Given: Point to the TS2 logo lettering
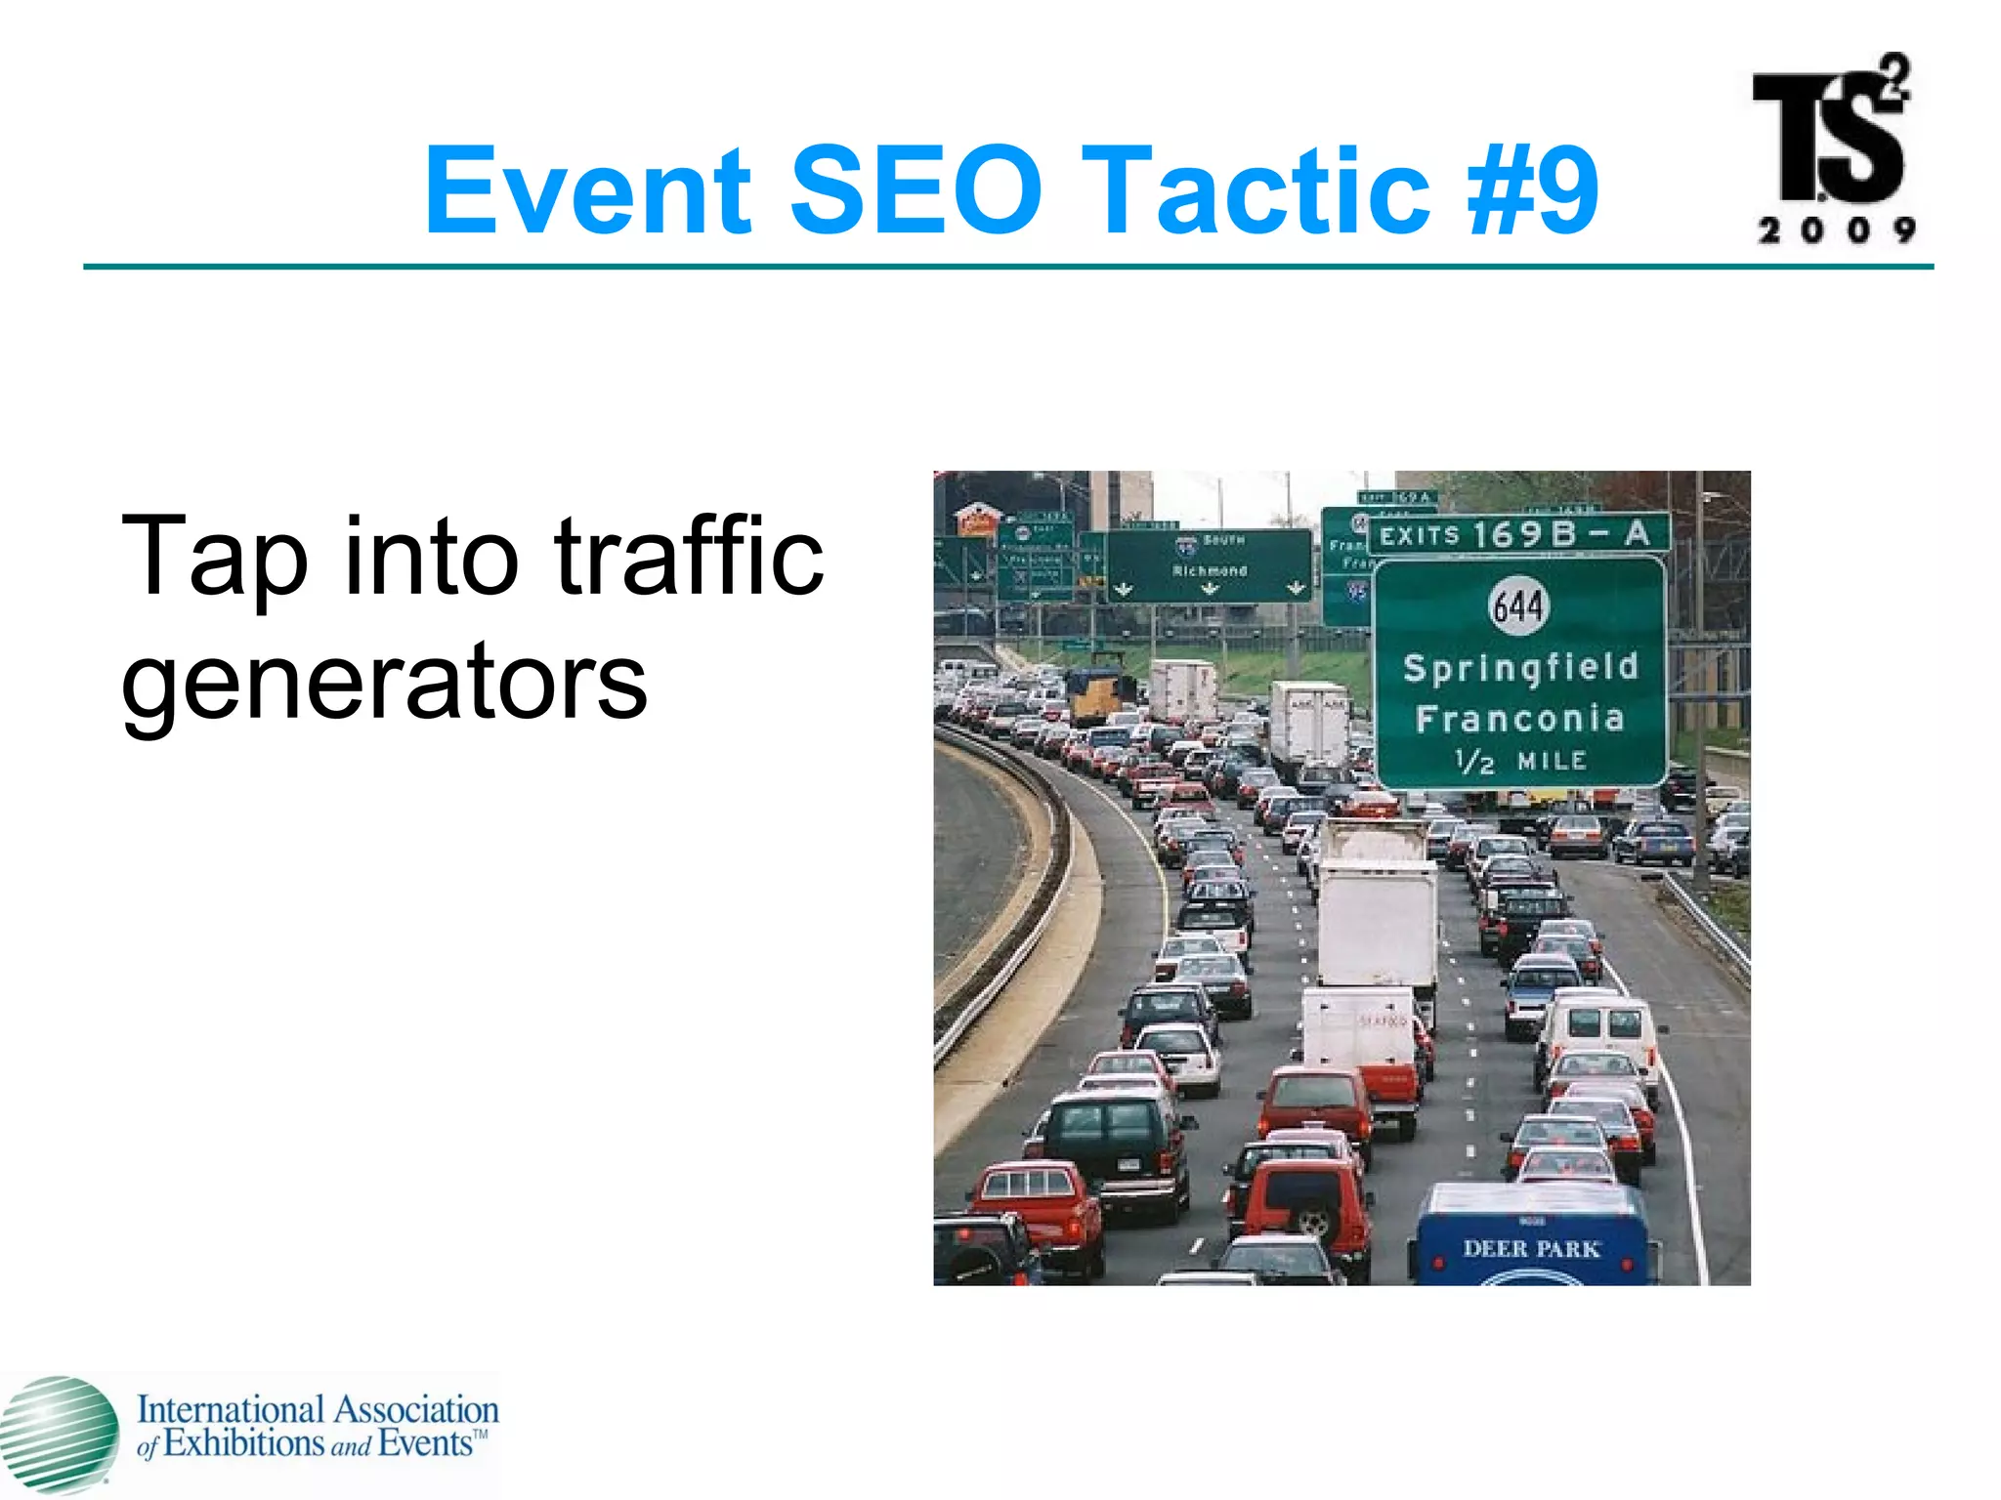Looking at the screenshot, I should tap(1830, 137).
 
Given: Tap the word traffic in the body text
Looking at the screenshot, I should tap(689, 557).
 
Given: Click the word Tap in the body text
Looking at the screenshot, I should tap(213, 557).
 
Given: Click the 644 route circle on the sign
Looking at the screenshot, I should tap(1517, 606).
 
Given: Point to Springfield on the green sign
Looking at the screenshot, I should tap(1519, 668).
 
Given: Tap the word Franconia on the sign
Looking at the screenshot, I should tap(1519, 720).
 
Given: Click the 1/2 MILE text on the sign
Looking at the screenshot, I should tap(1519, 761).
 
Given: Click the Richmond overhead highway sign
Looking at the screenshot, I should tap(1210, 565).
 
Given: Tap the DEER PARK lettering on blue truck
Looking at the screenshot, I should tap(1530, 1248).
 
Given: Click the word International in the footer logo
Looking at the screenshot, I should tap(230, 1410).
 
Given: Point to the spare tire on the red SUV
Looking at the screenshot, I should tap(1314, 1220).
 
